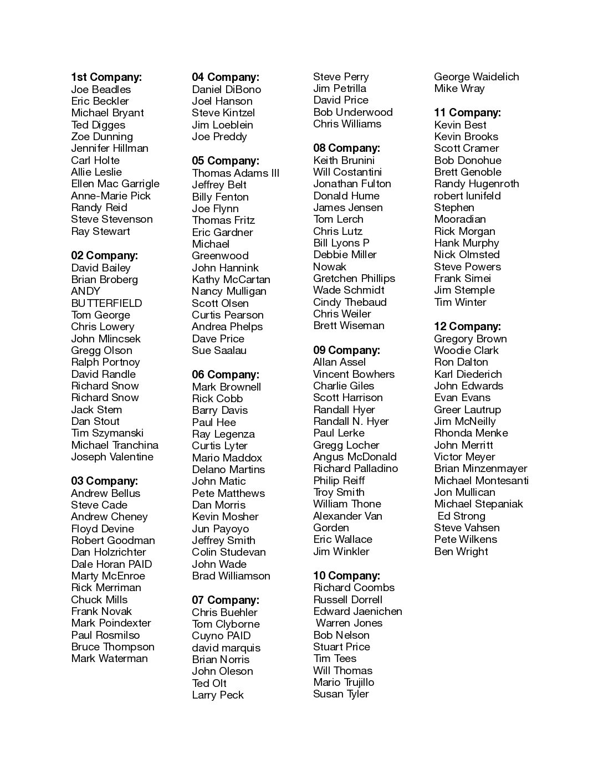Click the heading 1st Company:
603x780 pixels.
coord(106,77)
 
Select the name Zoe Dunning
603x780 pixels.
coord(102,136)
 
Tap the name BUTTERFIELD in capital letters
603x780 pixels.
coord(106,303)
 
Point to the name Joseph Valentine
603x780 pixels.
coord(112,456)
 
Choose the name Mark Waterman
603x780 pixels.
coord(109,658)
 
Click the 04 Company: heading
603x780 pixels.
coord(226,77)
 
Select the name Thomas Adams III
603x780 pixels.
coord(236,173)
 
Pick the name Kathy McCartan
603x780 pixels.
coord(231,279)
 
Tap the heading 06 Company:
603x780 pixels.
coord(226,374)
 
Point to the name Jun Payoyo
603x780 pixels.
coord(221,528)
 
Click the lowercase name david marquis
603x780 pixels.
coord(226,648)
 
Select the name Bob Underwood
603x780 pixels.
coord(353,112)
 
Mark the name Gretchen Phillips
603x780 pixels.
coord(354,278)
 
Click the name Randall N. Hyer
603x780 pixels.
coord(351,421)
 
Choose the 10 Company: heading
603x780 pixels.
coord(346,576)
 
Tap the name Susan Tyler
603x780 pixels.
coord(341,694)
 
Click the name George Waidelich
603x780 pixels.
coord(477,76)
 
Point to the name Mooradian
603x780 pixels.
coord(460,219)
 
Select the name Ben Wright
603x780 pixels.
coord(461,551)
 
